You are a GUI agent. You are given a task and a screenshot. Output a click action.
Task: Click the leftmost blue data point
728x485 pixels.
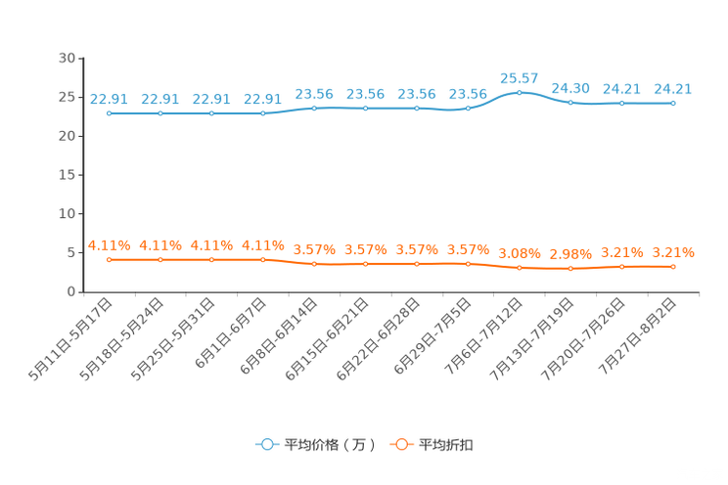coord(110,113)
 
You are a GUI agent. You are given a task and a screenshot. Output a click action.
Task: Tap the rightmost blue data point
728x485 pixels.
coord(673,103)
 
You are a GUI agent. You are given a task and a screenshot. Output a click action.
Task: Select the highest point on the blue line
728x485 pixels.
coord(520,92)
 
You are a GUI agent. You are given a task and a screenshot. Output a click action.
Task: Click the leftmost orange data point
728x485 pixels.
coord(110,260)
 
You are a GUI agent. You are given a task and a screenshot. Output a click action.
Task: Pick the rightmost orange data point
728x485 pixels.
coord(673,266)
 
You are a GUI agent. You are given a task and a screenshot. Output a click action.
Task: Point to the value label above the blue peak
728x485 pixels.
coord(520,76)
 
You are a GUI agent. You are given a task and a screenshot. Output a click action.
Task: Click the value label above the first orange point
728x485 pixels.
coord(109,244)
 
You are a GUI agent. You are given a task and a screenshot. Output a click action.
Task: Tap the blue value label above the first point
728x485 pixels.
coord(109,99)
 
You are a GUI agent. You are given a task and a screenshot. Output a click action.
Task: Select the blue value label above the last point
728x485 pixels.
coord(673,88)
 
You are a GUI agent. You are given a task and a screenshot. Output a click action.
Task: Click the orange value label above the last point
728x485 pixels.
coord(673,251)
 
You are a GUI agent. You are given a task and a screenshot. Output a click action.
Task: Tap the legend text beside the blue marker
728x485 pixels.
coord(329,445)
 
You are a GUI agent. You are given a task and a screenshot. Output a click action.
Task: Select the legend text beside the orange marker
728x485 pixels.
coord(447,445)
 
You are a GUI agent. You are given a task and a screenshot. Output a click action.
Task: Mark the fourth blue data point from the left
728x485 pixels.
coord(263,113)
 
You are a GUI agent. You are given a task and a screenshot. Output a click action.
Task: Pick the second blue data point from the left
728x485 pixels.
coord(160,113)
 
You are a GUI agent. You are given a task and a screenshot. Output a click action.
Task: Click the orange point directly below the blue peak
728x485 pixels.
coord(520,268)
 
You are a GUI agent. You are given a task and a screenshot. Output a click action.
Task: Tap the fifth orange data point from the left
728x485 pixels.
coord(314,264)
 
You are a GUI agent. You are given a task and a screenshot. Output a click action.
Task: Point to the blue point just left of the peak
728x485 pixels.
coord(469,108)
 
